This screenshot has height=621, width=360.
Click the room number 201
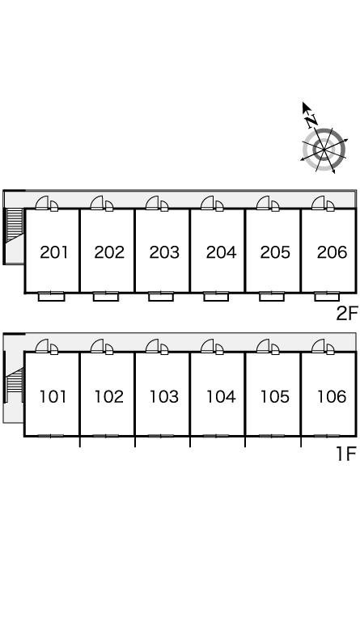54,252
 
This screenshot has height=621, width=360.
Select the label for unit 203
164,252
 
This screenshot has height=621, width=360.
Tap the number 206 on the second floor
332,252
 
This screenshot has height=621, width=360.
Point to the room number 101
53,396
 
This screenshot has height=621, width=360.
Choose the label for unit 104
221,396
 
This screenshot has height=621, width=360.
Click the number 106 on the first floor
332,396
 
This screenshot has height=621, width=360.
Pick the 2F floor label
347,314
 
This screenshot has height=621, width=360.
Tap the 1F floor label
347,454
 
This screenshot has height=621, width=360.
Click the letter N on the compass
311,120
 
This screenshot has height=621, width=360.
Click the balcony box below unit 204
216,297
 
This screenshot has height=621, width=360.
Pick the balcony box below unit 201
51,297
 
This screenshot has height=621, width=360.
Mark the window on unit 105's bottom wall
272,436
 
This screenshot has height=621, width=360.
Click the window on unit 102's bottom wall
106,436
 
